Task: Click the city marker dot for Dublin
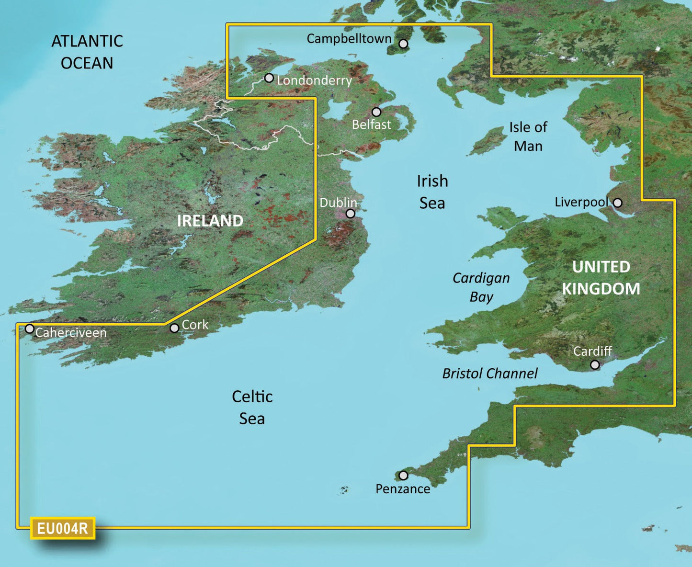coord(351,214)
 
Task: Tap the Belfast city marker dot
coord(376,112)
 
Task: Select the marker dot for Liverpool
coord(618,203)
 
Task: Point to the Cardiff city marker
coord(595,365)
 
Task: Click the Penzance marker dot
coord(403,476)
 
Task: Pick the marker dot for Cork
coord(174,328)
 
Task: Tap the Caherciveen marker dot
coord(30,329)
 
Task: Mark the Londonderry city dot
coord(269,78)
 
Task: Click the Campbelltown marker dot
coord(403,44)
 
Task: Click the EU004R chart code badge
coord(63,529)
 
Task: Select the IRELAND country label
coord(210,221)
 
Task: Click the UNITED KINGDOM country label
coord(601,278)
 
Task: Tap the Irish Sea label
coord(432,192)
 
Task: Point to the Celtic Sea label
coord(252,407)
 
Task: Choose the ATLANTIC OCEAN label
coord(87,52)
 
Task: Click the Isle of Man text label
coord(528,136)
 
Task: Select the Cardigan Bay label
coord(481,287)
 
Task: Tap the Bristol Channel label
coord(490,374)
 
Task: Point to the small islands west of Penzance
coord(343,490)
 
